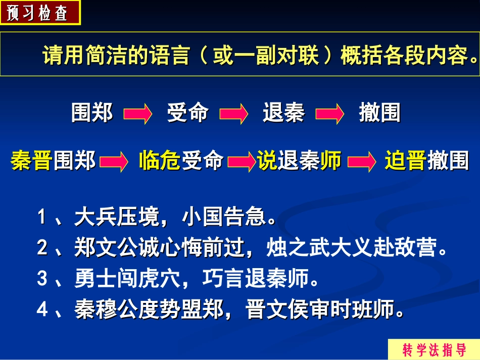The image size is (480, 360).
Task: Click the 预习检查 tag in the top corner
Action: click(39, 13)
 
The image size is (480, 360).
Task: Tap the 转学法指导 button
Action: click(434, 349)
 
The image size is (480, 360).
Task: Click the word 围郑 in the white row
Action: click(92, 113)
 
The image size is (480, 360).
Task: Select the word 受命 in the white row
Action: click(187, 113)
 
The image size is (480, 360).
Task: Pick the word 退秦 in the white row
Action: click(283, 113)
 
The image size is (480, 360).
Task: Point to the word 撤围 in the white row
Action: click(379, 113)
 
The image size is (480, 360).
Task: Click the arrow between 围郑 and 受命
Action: click(138, 114)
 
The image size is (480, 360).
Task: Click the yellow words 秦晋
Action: click(32, 161)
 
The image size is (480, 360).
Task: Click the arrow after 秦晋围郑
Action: click(114, 162)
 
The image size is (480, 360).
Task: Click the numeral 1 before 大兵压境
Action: click(42, 218)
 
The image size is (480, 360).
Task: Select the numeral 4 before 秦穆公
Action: click(42, 310)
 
